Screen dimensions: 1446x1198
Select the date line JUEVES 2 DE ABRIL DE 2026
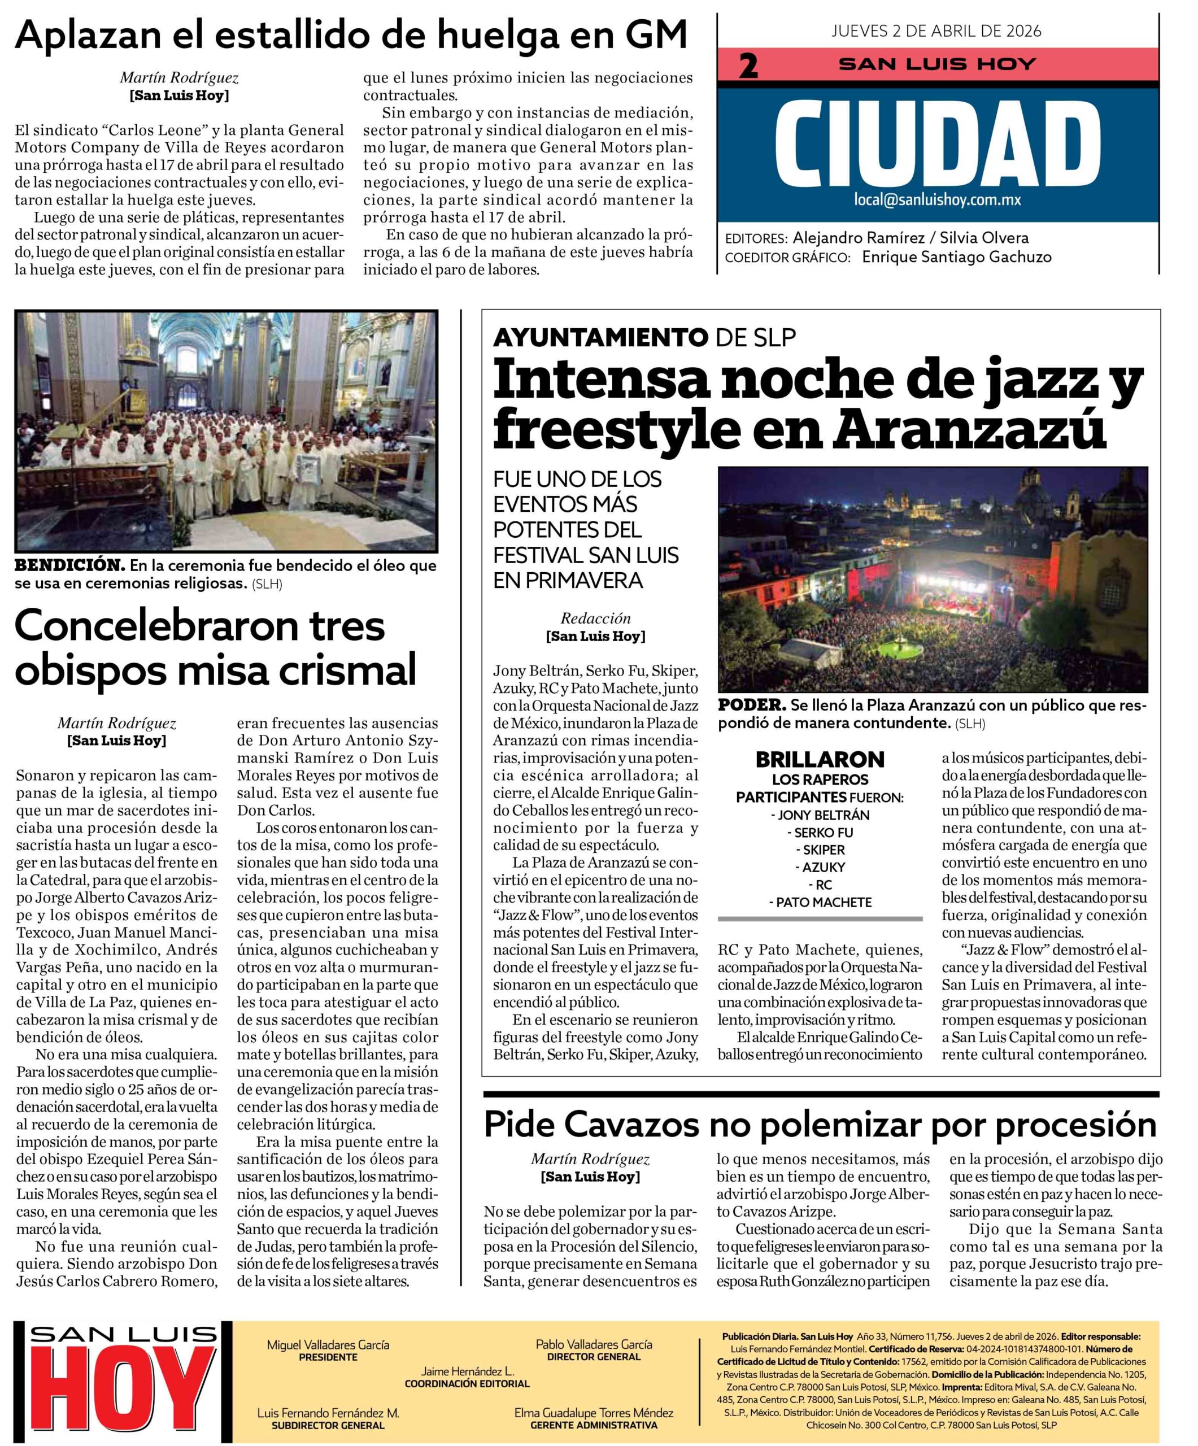click(936, 31)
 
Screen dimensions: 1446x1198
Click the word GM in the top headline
click(657, 34)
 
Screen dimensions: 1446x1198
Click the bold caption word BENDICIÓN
click(69, 565)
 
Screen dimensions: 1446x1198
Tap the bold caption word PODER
click(751, 705)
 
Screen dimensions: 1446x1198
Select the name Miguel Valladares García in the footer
click(328, 1345)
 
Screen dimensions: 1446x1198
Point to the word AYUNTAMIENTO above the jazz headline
click(600, 337)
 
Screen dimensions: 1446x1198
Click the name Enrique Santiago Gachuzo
click(956, 257)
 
